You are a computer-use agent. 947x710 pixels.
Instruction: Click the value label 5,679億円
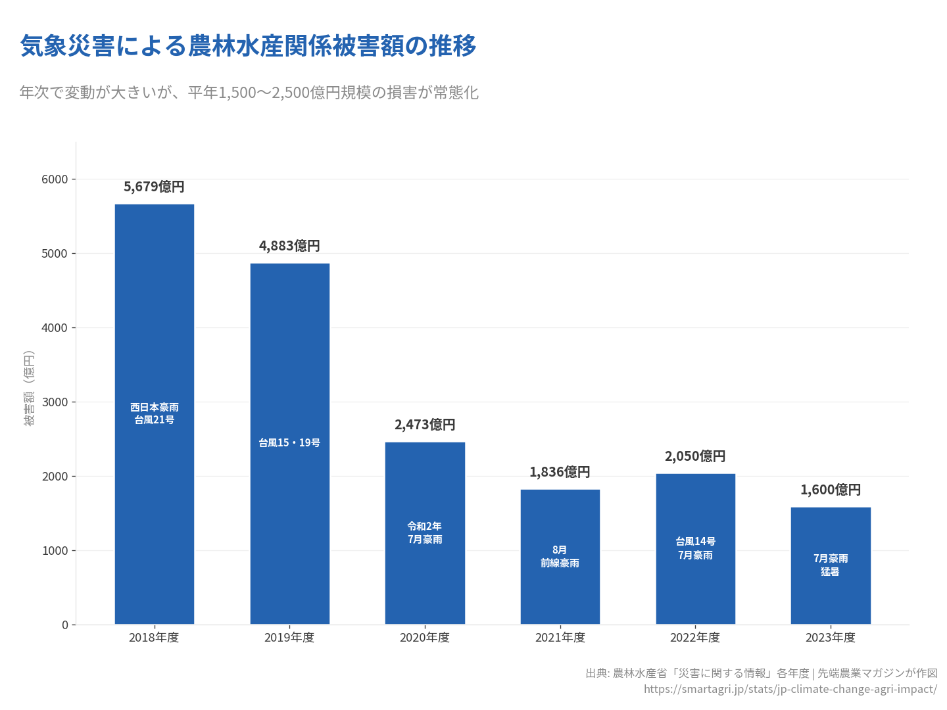click(154, 187)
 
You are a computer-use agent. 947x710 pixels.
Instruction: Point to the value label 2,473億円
click(425, 425)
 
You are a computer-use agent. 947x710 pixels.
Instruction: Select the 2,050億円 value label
click(695, 456)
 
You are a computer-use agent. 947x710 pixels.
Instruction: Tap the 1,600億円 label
click(831, 490)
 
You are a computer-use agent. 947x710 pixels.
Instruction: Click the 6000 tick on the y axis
click(55, 179)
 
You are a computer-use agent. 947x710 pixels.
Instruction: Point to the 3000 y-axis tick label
click(55, 402)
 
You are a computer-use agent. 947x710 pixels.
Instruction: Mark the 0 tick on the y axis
click(65, 625)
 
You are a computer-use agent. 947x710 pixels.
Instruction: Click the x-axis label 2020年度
click(425, 638)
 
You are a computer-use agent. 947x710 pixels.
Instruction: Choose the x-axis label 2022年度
click(695, 638)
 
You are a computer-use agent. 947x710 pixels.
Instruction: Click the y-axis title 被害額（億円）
click(29, 388)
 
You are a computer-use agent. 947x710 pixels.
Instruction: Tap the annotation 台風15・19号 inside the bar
click(289, 443)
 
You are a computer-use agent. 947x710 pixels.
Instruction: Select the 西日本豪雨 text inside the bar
click(155, 408)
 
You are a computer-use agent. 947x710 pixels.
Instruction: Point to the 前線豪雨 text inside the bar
click(560, 563)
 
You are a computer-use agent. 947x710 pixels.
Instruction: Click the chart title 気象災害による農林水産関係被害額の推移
click(249, 46)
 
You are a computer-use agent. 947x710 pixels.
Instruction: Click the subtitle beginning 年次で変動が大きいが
click(249, 93)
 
